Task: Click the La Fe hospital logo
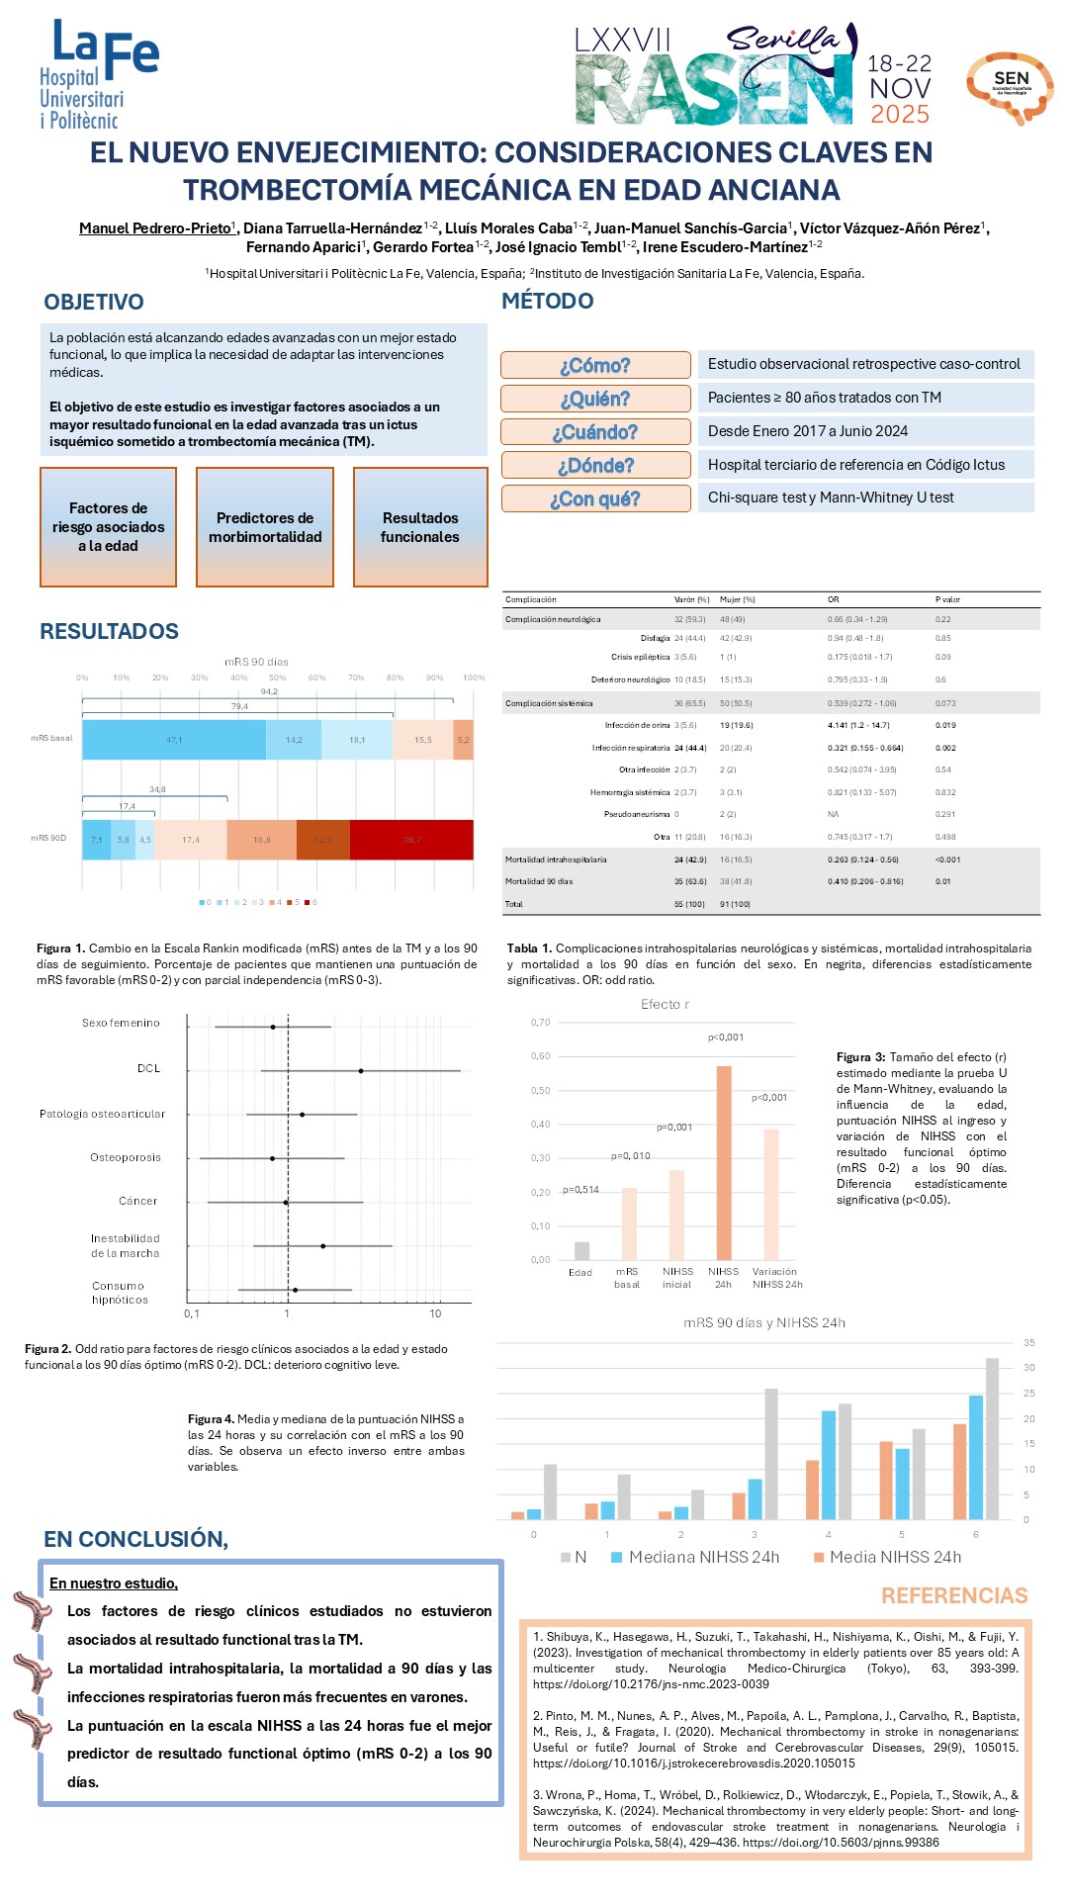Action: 98,74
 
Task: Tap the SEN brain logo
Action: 1010,87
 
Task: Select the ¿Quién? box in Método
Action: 595,399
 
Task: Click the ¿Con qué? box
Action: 595,498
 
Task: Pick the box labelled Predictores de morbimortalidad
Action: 265,527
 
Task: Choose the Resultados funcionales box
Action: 420,527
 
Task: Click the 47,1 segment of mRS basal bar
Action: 174,740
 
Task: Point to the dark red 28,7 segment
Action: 411,840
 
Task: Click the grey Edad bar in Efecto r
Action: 581,1250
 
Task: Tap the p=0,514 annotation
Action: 581,1190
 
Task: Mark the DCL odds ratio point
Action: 361,1070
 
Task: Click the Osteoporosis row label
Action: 126,1157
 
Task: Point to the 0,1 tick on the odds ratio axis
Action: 192,1313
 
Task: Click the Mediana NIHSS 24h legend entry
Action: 696,1557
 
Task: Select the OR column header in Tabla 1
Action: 834,599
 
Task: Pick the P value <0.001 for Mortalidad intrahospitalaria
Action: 947,859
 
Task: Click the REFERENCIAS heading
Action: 954,1595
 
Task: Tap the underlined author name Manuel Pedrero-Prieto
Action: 154,228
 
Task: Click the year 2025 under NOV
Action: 900,115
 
